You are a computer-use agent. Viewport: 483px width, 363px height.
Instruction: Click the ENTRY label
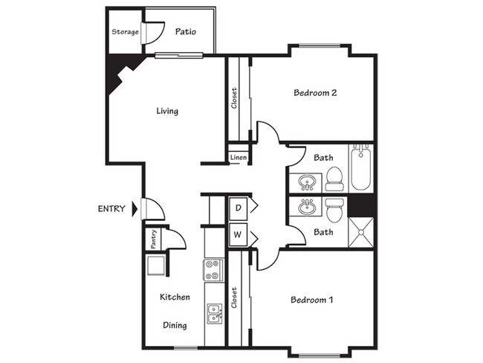(x=112, y=209)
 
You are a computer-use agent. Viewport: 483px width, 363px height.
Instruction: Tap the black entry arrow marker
(x=134, y=209)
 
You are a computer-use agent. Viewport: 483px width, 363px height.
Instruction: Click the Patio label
(x=185, y=32)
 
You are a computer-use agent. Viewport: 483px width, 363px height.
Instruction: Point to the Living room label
(x=167, y=112)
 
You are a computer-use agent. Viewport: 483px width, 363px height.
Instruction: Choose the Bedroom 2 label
(x=316, y=93)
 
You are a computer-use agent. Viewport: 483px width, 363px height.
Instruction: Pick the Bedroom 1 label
(x=311, y=300)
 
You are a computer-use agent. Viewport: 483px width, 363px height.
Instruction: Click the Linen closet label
(x=238, y=158)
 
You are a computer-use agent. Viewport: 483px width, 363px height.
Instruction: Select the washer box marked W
(x=239, y=236)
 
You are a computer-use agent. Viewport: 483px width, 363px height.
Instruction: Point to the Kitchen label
(x=175, y=297)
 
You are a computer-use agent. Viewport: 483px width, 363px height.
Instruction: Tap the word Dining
(x=175, y=325)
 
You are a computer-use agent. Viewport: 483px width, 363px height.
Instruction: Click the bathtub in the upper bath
(x=361, y=167)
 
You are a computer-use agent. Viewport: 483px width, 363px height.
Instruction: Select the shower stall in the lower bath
(x=362, y=232)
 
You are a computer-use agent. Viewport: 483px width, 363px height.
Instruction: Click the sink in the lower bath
(x=306, y=207)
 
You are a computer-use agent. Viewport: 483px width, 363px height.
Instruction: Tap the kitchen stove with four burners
(x=214, y=269)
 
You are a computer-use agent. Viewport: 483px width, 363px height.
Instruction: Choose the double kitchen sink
(x=214, y=314)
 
